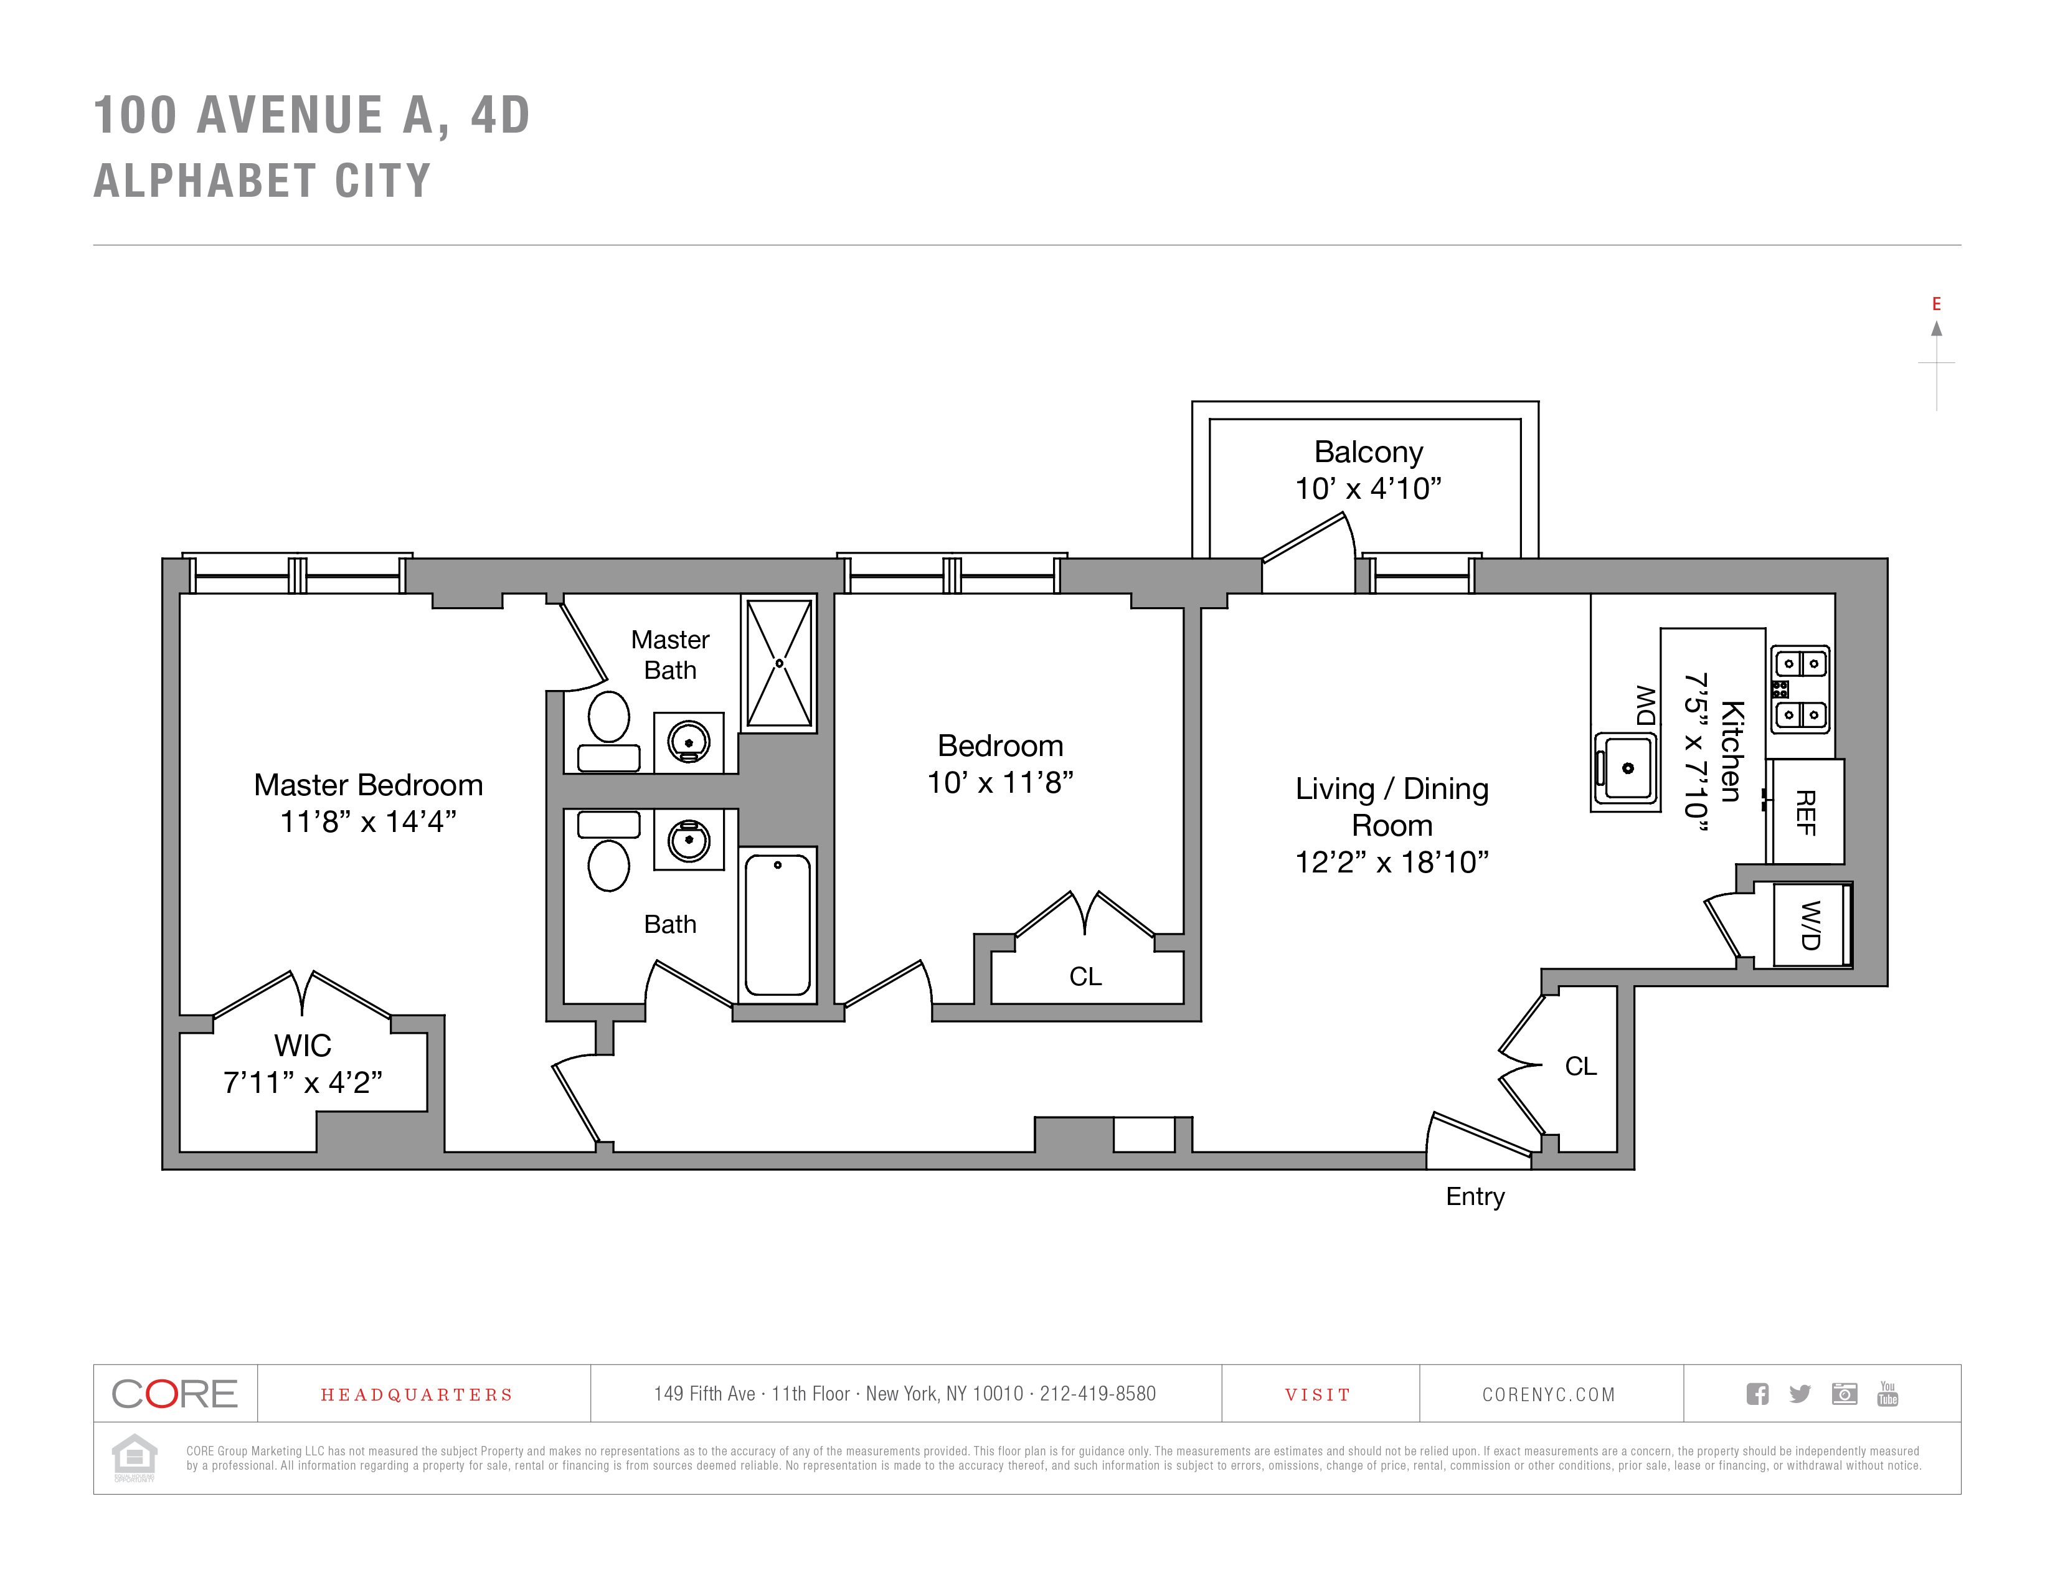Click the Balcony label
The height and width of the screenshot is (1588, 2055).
pyautogui.click(x=1368, y=453)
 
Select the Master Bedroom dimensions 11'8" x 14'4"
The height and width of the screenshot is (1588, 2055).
pyautogui.click(x=368, y=821)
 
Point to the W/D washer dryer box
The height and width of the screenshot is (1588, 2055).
pyautogui.click(x=1812, y=925)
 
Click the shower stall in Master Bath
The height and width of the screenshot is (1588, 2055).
pyautogui.click(x=779, y=663)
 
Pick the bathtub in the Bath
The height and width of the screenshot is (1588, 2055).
pyautogui.click(x=777, y=925)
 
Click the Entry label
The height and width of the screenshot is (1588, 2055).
pyautogui.click(x=1475, y=1197)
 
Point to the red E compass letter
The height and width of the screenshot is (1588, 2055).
pyautogui.click(x=1937, y=304)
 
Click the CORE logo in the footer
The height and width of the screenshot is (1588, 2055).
pyautogui.click(x=175, y=1393)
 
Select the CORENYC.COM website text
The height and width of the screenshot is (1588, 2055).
pyautogui.click(x=1549, y=1394)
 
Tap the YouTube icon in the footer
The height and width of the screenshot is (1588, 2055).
pyautogui.click(x=1887, y=1393)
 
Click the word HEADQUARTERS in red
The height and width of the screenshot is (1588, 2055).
pyautogui.click(x=417, y=1395)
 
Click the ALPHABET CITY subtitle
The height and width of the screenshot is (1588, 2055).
pyautogui.click(x=263, y=181)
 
